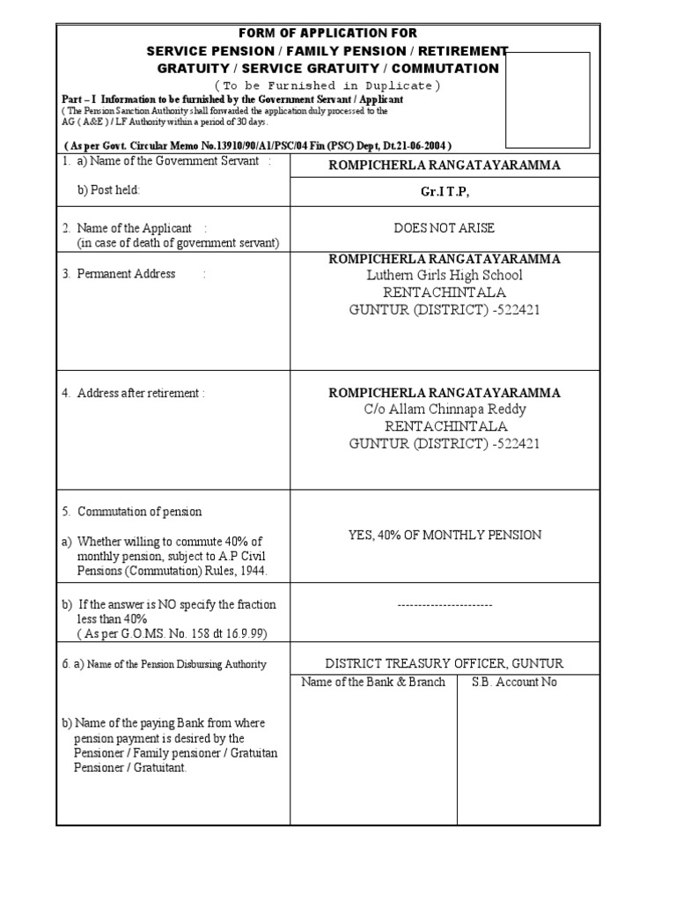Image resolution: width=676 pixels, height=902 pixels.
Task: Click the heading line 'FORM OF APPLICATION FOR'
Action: point(322,33)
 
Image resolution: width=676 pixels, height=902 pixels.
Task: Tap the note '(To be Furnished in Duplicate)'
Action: point(322,85)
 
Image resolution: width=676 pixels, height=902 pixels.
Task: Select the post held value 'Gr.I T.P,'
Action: point(445,192)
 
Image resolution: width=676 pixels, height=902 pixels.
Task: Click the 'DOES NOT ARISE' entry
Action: point(445,228)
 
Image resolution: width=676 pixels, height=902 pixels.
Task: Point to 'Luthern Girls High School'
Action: point(445,275)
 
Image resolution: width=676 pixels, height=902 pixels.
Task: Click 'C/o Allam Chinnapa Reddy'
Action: point(445,410)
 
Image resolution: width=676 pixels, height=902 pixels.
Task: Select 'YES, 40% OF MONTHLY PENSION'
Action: point(445,535)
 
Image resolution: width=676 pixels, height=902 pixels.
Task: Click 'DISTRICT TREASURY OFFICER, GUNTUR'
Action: point(445,663)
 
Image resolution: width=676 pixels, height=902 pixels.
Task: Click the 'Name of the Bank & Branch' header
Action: point(373,682)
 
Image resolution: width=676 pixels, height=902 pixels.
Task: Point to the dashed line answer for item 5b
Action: point(445,605)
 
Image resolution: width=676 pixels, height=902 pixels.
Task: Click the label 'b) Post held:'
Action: point(109,189)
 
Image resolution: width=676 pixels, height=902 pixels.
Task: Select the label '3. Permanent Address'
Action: point(119,274)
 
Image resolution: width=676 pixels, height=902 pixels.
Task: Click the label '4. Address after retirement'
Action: point(133,393)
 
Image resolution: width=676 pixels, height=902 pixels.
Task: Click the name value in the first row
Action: point(445,166)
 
